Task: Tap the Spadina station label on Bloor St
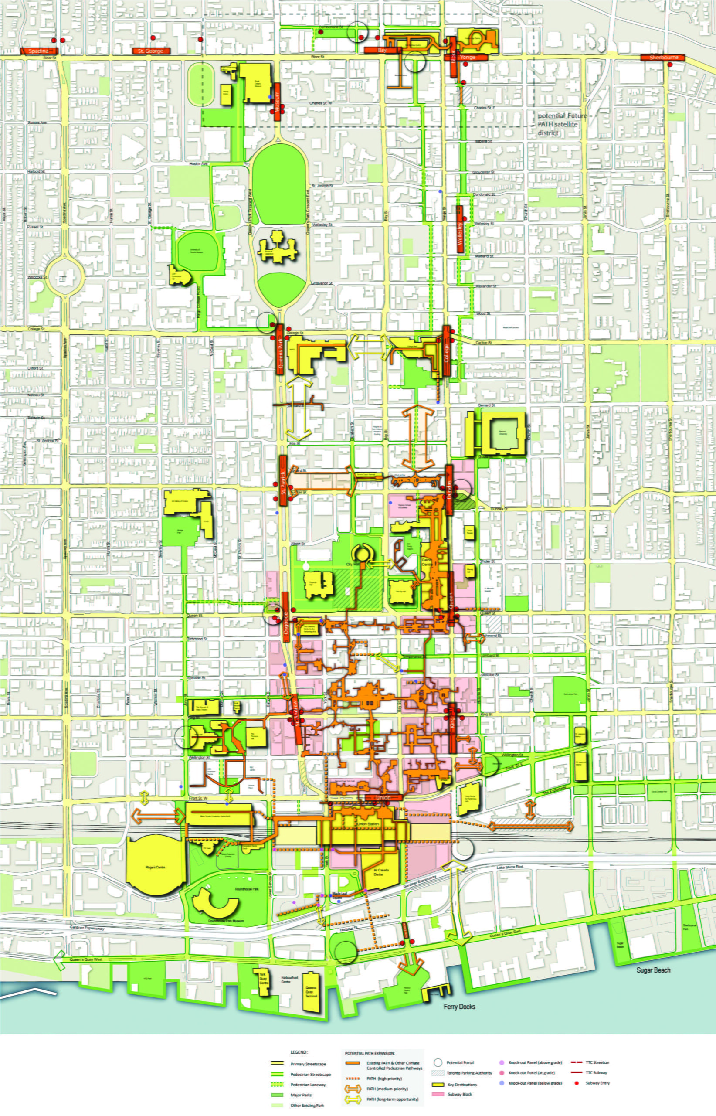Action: pyautogui.click(x=39, y=51)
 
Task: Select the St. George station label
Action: pyautogui.click(x=151, y=51)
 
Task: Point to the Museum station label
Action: pyautogui.click(x=277, y=102)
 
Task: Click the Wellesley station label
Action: pyautogui.click(x=460, y=229)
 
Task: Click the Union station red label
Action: pyautogui.click(x=383, y=797)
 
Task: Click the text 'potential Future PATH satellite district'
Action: pyautogui.click(x=557, y=124)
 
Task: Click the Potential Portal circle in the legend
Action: pyautogui.click(x=437, y=1062)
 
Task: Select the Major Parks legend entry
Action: pyautogui.click(x=300, y=1095)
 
